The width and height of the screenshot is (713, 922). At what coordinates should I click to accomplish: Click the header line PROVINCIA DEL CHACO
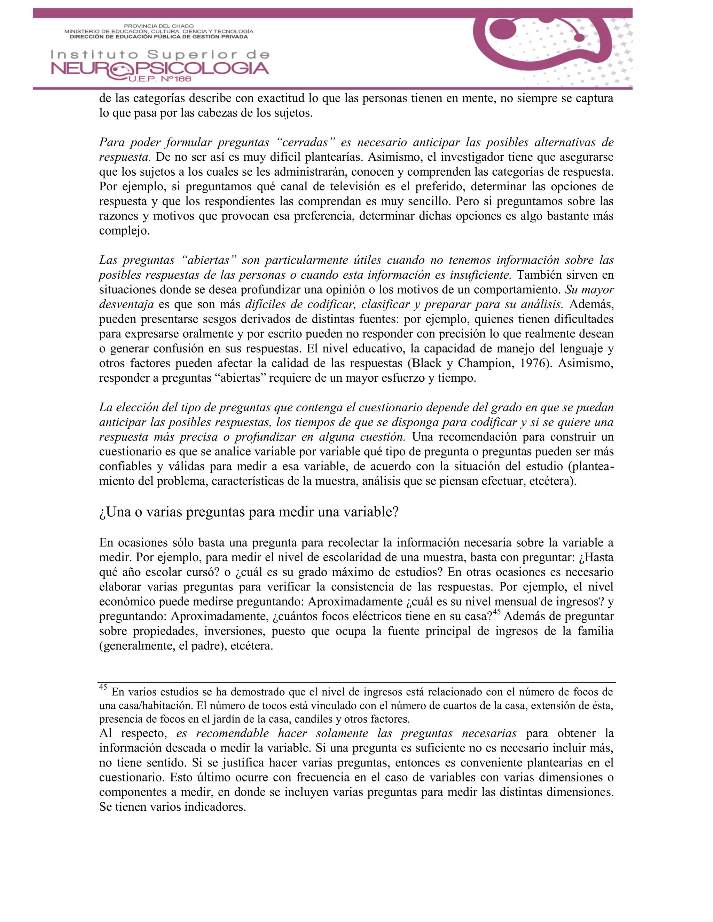pos(158,26)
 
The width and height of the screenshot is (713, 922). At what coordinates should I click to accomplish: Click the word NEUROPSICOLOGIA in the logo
pos(160,69)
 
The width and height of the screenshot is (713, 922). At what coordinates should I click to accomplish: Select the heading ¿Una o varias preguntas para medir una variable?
pos(249,512)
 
